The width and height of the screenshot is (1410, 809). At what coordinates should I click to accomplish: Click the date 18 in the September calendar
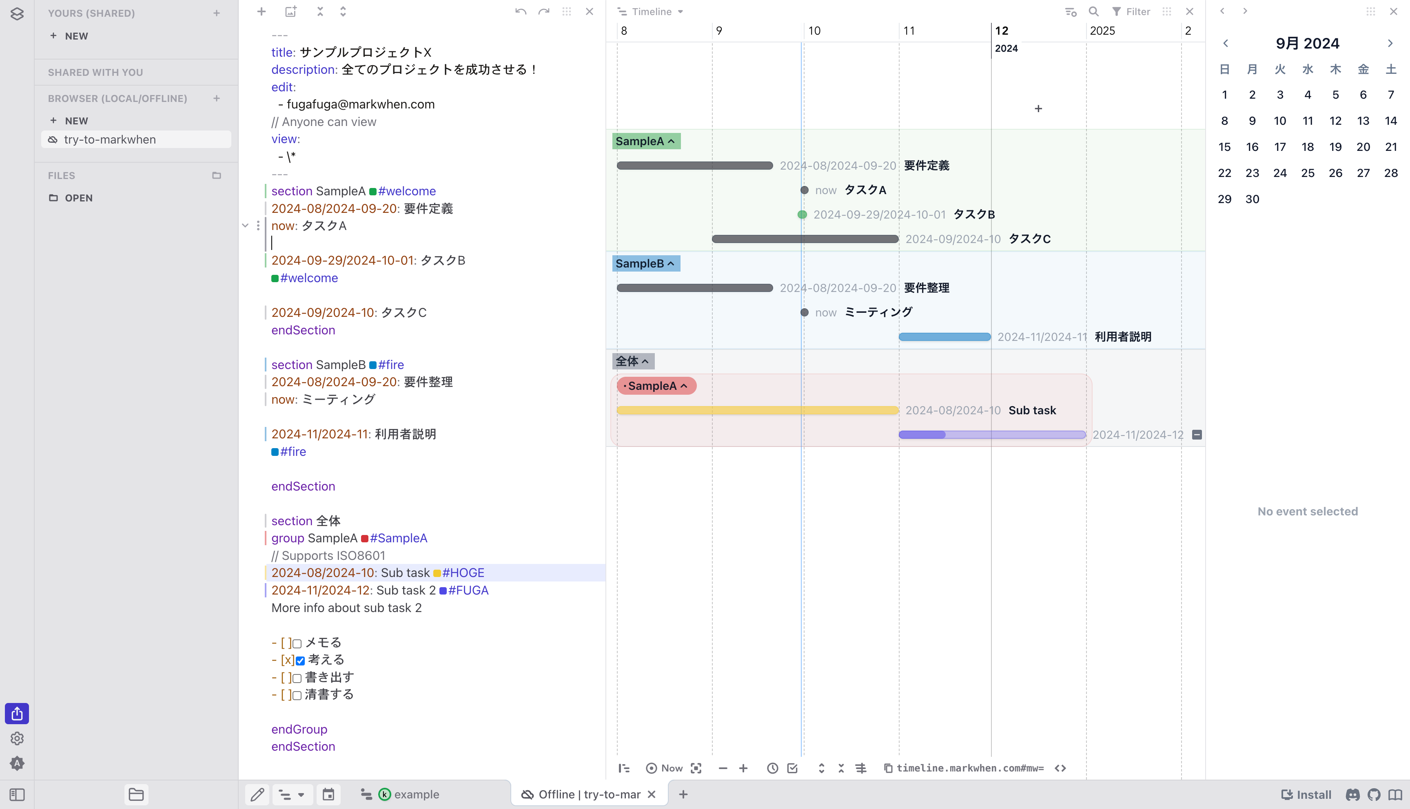coord(1307,147)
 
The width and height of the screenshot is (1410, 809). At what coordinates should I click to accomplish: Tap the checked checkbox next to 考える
coord(300,661)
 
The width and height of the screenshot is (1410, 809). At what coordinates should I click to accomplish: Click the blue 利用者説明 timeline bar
coord(944,337)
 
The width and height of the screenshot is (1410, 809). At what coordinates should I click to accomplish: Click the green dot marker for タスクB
coord(802,214)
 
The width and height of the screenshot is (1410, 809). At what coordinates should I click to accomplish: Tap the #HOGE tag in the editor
coord(463,573)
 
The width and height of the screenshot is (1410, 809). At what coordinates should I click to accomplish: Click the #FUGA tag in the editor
coord(468,590)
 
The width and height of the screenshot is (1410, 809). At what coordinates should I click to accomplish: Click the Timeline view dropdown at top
coord(651,12)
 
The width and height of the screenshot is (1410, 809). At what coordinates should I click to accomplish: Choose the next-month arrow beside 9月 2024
coord(1390,43)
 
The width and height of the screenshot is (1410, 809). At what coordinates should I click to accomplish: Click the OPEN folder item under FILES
coord(78,198)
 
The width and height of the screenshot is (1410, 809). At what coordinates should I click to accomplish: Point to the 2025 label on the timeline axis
coord(1102,31)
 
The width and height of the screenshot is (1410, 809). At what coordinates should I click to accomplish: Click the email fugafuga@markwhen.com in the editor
coord(360,104)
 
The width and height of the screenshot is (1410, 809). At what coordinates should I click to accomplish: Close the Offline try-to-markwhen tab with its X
coord(652,795)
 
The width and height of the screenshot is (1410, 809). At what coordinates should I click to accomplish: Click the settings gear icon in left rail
coord(17,738)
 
